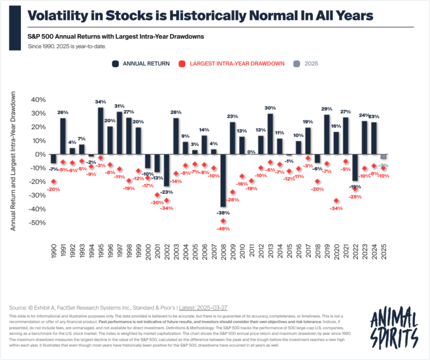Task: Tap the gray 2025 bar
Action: [x=384, y=156]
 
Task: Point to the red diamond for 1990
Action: [x=54, y=181]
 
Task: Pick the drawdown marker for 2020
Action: [x=336, y=200]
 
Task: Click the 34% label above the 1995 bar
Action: [x=100, y=102]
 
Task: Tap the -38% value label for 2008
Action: [x=223, y=213]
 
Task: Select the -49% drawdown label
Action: [x=223, y=229]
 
